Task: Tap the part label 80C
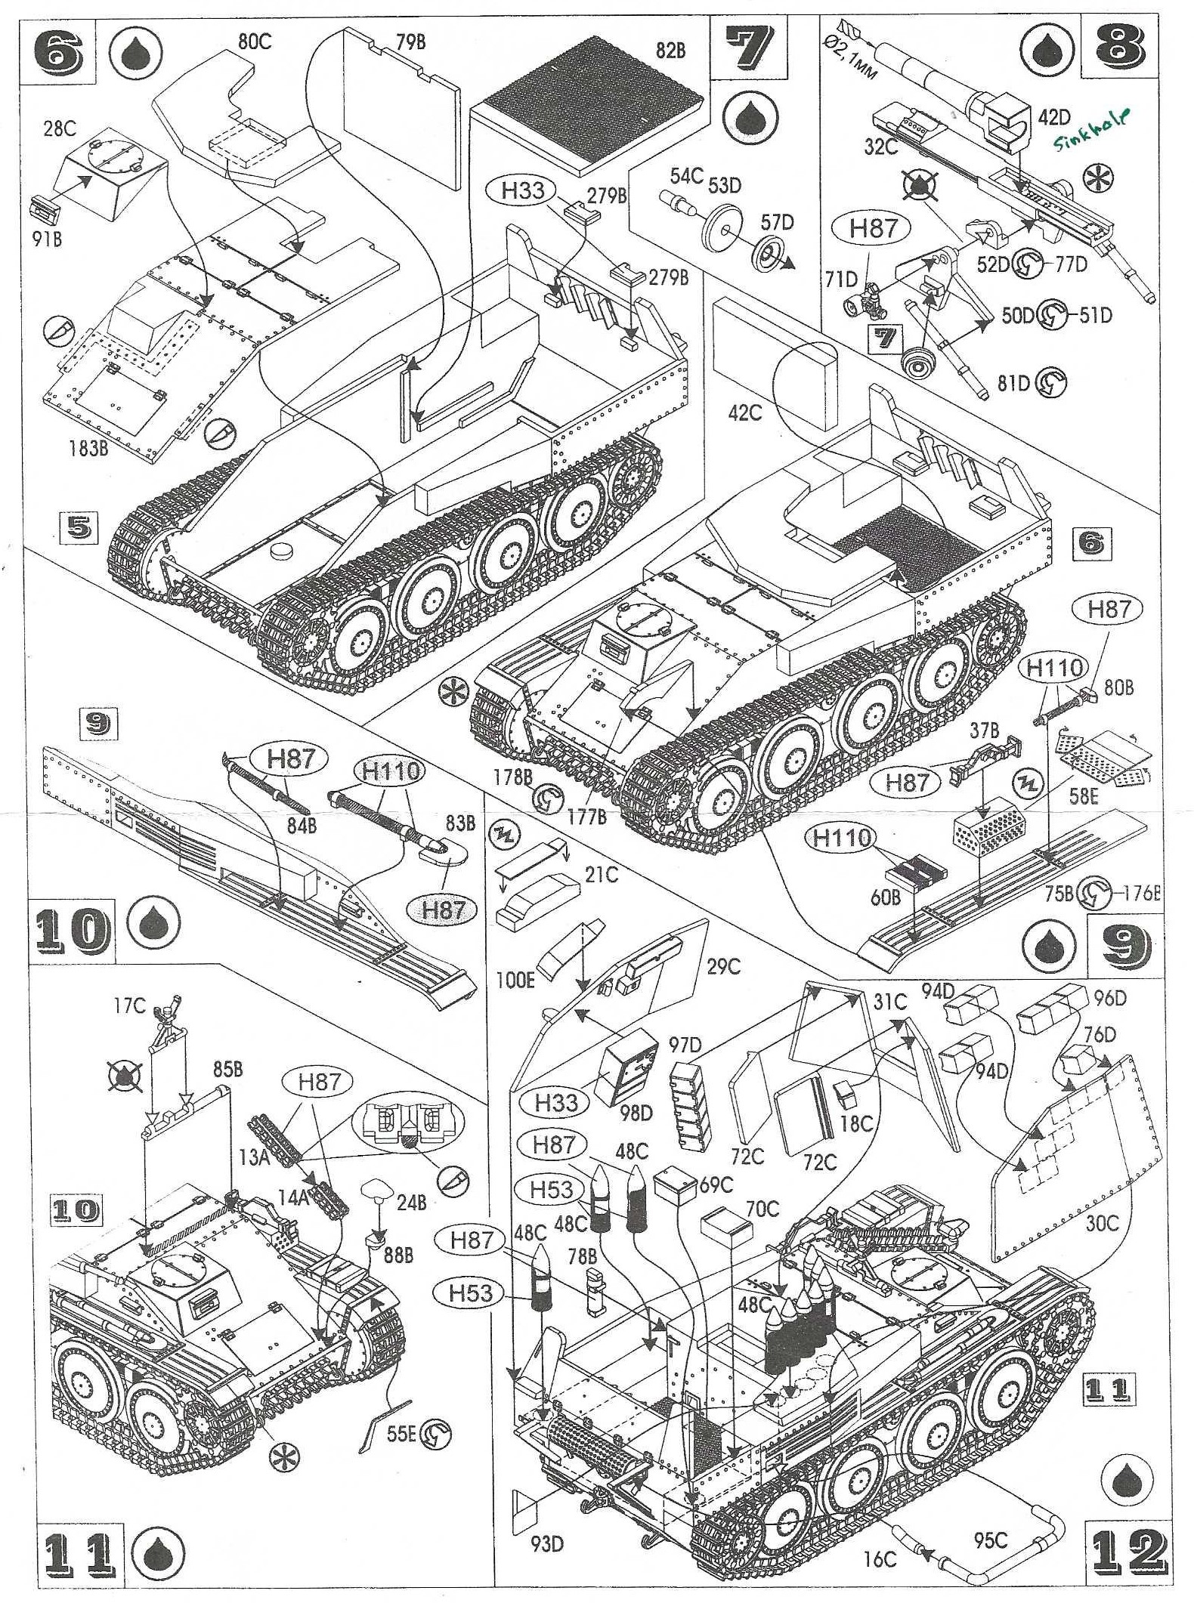coord(254,42)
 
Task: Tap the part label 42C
coord(744,412)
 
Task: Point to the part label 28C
coord(60,128)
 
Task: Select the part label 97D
coord(685,1046)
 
